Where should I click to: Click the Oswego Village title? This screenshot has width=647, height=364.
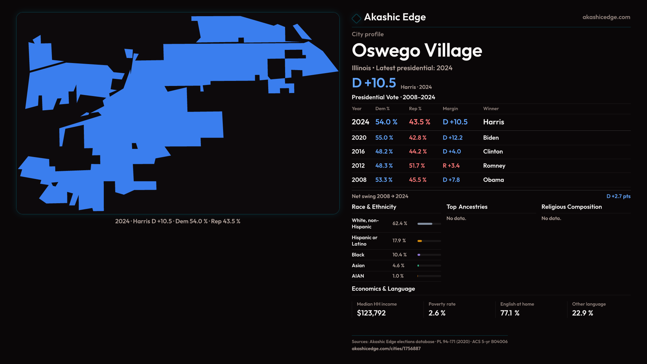coord(417,51)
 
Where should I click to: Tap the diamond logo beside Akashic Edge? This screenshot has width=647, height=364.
coord(356,18)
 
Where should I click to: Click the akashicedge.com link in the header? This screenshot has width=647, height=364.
coord(606,17)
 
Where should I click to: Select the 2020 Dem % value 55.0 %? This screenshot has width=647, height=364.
coord(384,138)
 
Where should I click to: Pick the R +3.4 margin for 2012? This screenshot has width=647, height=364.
coord(451,166)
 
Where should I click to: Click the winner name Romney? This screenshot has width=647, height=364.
coord(494,166)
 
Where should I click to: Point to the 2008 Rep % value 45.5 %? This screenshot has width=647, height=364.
coord(418,180)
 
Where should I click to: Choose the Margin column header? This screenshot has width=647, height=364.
coord(450,109)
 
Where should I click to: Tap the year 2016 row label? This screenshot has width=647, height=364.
coord(358,152)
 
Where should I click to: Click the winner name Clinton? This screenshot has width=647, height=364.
coord(493,152)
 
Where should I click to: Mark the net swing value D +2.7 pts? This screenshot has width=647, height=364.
coord(618,196)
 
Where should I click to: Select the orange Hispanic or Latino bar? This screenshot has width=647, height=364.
coord(420,241)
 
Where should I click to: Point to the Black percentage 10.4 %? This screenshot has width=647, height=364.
coord(399,255)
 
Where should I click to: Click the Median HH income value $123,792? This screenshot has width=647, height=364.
coord(371,313)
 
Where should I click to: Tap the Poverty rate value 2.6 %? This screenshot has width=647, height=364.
coord(437,313)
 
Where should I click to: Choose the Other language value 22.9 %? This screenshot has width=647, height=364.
coord(582,313)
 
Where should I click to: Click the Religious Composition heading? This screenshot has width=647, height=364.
coord(572,207)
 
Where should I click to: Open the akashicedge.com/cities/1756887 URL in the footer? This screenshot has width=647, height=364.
coord(386,348)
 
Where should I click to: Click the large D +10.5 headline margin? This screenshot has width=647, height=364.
coord(374,83)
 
